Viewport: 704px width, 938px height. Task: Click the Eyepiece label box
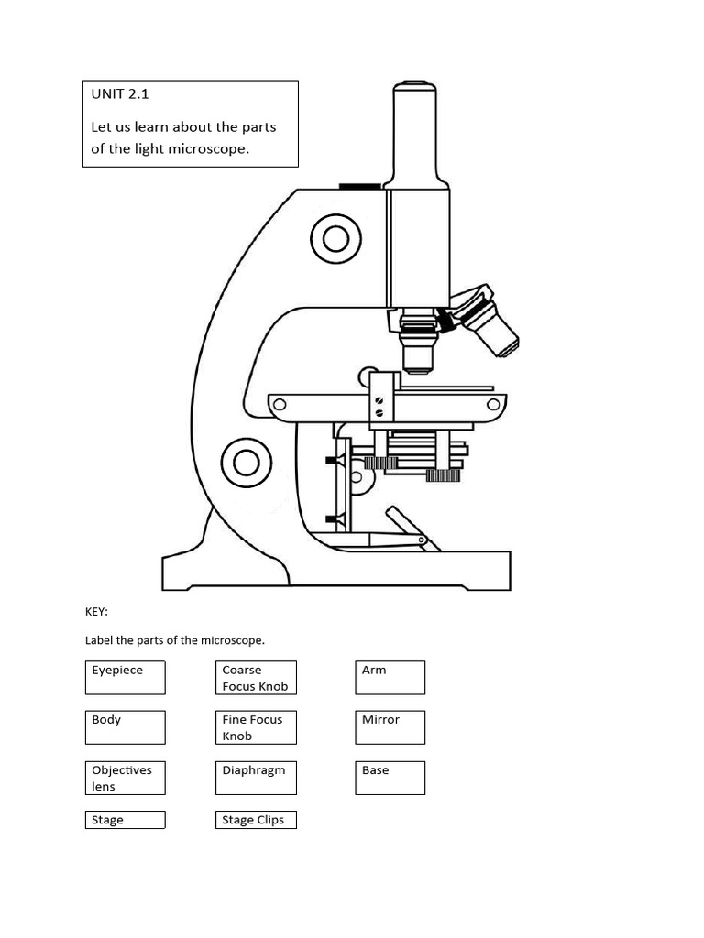[x=126, y=678]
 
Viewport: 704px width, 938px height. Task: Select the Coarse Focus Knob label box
[x=257, y=678]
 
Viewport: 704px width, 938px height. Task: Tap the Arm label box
[x=390, y=678]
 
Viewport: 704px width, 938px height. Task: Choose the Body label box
[x=126, y=727]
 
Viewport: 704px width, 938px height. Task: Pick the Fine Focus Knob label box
[x=257, y=727]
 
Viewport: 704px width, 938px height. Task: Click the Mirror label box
[x=390, y=727]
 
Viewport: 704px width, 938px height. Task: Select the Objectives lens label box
[x=126, y=778]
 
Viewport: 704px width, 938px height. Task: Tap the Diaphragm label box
[x=257, y=778]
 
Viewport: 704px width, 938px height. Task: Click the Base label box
[x=390, y=778]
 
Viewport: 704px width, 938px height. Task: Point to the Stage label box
[x=126, y=820]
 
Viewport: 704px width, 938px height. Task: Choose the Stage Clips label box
[x=257, y=820]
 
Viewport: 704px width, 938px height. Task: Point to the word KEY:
[x=96, y=612]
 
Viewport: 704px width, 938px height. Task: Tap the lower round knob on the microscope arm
[x=246, y=463]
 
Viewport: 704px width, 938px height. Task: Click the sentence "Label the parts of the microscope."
[x=175, y=640]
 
